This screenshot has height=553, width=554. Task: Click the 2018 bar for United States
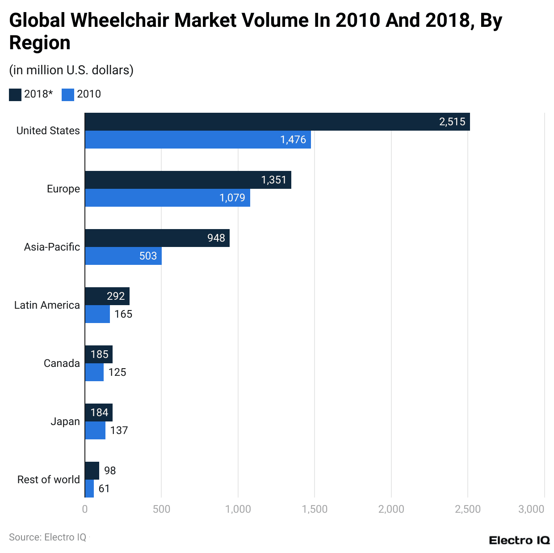click(277, 122)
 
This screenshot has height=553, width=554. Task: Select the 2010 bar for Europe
click(168, 198)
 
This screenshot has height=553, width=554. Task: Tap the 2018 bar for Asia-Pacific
click(157, 238)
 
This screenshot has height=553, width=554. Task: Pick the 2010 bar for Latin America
click(97, 314)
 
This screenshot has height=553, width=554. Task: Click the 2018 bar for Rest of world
click(92, 471)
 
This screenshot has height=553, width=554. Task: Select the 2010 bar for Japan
click(95, 430)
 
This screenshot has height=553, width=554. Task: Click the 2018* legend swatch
click(15, 94)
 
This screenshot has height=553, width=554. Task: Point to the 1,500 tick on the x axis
click(315, 509)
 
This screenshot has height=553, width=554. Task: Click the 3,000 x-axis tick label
click(531, 509)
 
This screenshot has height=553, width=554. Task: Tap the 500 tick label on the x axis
click(161, 509)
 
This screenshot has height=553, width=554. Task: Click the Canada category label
click(62, 363)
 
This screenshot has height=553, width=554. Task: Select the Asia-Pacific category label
click(52, 247)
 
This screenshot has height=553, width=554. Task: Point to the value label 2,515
click(452, 122)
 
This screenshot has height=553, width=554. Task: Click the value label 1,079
click(232, 198)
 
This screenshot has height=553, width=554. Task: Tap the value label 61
click(104, 489)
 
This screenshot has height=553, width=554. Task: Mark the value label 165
click(123, 314)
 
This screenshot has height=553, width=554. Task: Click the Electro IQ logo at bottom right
click(519, 540)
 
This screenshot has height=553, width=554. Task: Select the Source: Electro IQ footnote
click(48, 537)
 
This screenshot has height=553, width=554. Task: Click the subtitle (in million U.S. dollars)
click(71, 70)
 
